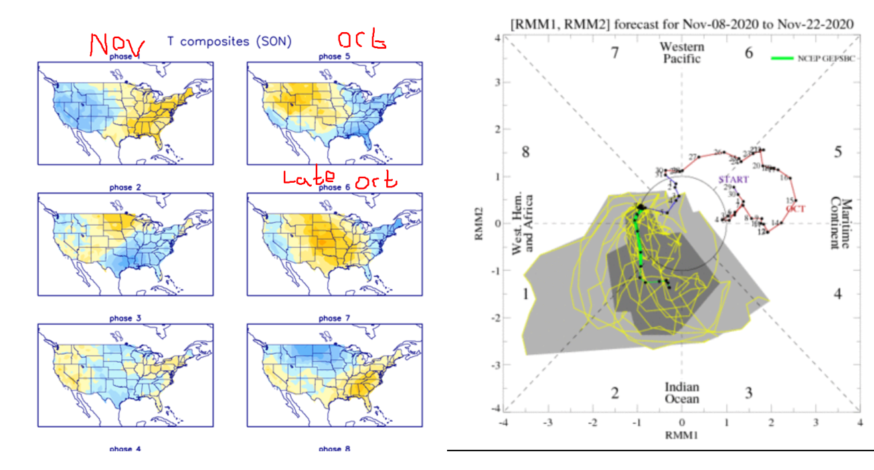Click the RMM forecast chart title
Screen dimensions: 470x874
pyautogui.click(x=681, y=24)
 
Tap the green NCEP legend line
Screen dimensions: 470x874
pyautogui.click(x=783, y=59)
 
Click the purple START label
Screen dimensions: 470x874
pyautogui.click(x=733, y=179)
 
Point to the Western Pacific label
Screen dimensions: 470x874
pyautogui.click(x=681, y=53)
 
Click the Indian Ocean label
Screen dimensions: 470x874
pyautogui.click(x=681, y=393)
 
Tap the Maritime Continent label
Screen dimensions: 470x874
pyautogui.click(x=839, y=223)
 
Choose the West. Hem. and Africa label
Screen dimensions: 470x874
pyautogui.click(x=522, y=224)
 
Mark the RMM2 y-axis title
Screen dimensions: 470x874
pyautogui.click(x=479, y=224)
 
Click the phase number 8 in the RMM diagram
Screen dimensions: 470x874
pyautogui.click(x=526, y=152)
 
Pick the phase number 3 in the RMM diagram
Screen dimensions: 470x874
pyautogui.click(x=748, y=392)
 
